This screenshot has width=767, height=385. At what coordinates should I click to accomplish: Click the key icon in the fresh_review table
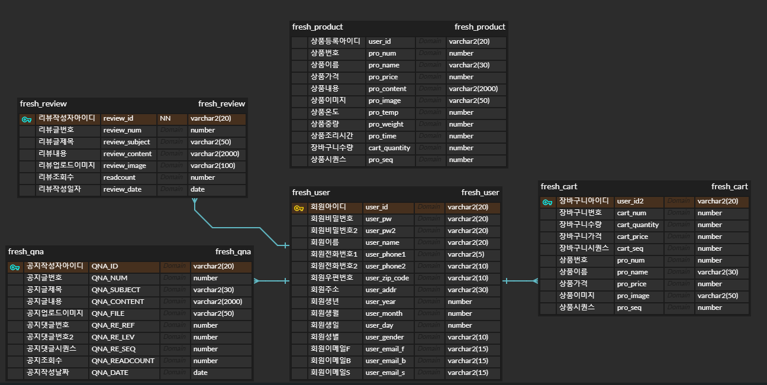(27, 119)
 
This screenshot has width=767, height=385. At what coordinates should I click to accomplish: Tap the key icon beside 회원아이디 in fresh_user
(299, 208)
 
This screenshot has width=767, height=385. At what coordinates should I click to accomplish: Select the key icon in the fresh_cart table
(547, 202)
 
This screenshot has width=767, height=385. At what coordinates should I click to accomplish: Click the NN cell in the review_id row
(165, 118)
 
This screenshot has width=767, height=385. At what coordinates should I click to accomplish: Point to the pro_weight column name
(386, 124)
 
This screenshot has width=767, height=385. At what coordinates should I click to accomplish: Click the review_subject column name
(127, 142)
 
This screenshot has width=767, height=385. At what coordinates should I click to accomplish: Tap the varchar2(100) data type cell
(212, 166)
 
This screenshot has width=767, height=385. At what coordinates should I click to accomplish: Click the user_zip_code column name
(387, 278)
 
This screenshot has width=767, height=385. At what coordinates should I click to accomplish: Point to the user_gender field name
(385, 337)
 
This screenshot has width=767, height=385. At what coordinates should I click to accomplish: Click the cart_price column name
(633, 237)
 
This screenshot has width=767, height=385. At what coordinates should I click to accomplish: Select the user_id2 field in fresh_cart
(630, 201)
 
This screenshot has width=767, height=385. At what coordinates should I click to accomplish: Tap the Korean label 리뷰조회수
(57, 177)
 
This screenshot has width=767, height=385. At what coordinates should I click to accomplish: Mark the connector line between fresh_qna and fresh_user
(272, 281)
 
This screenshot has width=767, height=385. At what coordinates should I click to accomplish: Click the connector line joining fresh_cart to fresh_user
(521, 281)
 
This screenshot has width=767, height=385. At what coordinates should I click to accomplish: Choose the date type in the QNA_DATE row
(200, 373)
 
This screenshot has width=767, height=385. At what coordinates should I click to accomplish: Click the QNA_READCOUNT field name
(123, 361)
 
